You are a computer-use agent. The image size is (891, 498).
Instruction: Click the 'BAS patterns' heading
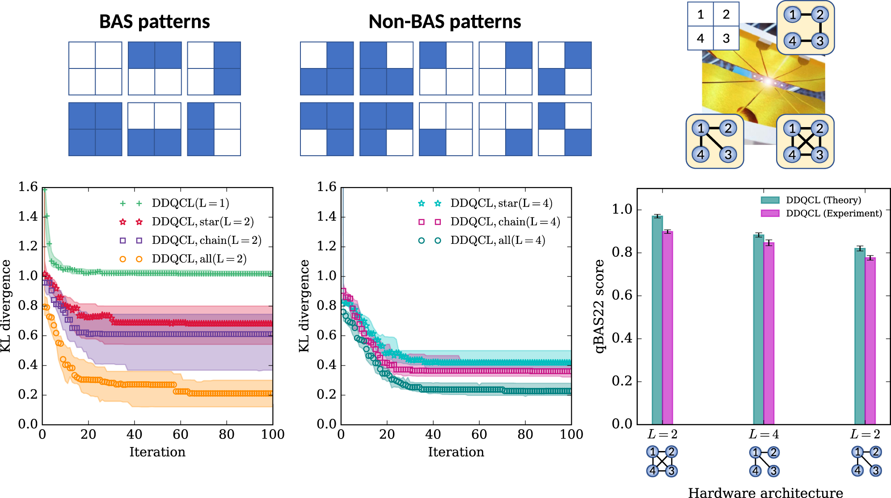[154, 21]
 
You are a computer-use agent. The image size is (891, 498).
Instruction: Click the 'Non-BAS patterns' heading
[444, 21]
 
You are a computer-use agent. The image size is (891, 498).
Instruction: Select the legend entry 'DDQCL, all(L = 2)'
[199, 259]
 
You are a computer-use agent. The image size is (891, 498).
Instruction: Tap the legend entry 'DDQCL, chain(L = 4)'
[505, 221]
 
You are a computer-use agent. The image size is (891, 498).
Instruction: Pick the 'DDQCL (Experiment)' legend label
[834, 213]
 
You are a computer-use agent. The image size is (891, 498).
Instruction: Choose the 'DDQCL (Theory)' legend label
[823, 200]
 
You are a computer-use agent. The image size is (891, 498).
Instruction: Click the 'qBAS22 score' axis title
[600, 306]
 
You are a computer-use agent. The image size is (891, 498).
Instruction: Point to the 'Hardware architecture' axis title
[765, 492]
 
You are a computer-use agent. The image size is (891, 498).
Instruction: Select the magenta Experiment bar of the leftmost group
[667, 328]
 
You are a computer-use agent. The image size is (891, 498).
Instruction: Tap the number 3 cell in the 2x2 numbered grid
[726, 38]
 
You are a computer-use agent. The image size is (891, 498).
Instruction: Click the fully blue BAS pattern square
[95, 129]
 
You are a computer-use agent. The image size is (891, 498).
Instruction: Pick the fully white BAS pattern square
[95, 68]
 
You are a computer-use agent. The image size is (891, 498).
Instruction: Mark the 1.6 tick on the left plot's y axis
[28, 187]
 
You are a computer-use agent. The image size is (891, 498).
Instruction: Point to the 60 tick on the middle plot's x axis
[479, 434]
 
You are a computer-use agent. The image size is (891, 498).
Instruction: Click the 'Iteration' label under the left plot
[157, 452]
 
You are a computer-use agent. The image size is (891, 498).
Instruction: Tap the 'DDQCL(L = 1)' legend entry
[190, 203]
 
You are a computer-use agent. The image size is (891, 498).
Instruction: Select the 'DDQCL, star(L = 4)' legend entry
[501, 203]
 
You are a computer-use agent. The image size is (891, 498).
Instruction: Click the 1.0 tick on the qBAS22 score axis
[623, 209]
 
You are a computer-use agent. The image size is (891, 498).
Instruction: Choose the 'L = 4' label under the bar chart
[764, 434]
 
